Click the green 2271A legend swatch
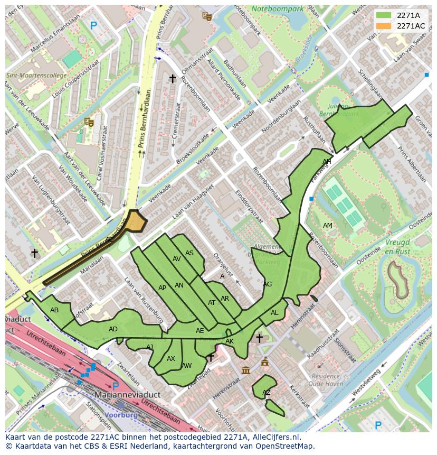(x=383, y=15)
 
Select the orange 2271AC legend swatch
(x=383, y=26)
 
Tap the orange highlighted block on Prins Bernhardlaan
(x=136, y=221)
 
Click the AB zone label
(x=54, y=310)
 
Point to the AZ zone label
(x=267, y=392)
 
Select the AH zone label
(x=327, y=161)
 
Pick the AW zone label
(x=186, y=365)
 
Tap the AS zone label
(x=189, y=253)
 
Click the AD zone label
(x=113, y=329)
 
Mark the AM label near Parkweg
(x=328, y=226)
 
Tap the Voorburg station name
(x=121, y=415)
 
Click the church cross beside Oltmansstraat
(x=172, y=78)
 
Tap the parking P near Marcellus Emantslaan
(x=93, y=25)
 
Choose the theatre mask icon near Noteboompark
(x=207, y=16)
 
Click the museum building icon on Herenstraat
(x=246, y=370)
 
